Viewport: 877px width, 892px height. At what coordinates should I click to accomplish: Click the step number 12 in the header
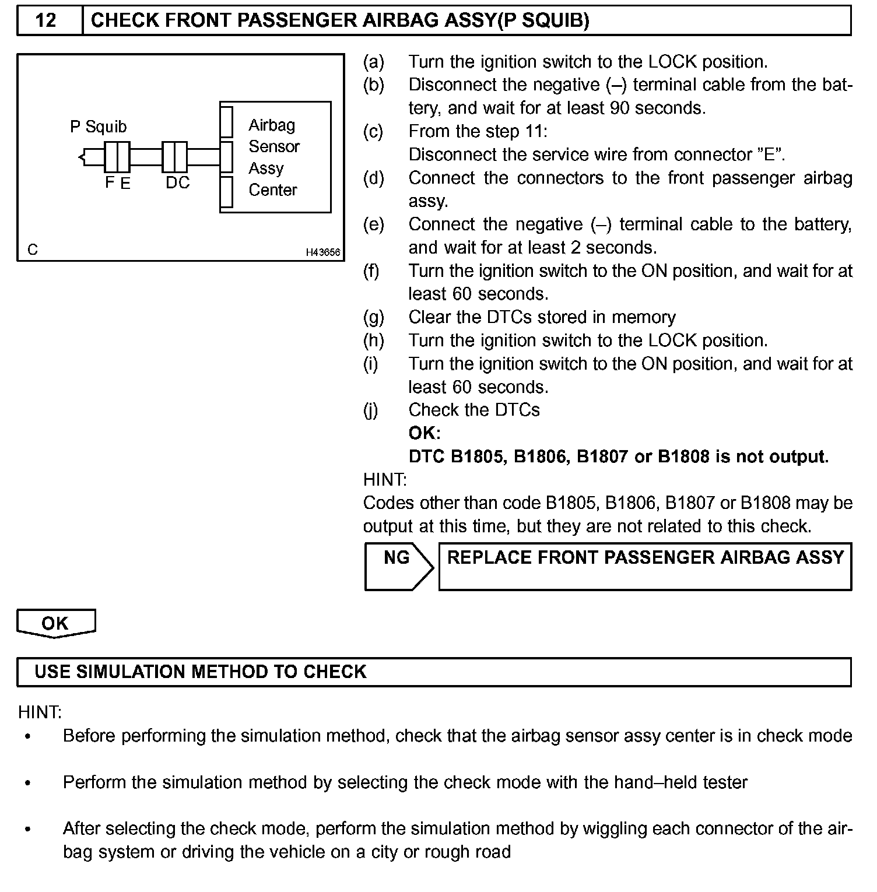46,21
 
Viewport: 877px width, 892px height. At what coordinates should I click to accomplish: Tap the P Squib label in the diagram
98,127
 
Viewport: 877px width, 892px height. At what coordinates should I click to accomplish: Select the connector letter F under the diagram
110,182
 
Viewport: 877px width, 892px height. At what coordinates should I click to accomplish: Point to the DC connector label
177,182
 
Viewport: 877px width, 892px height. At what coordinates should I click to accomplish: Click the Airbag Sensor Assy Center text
273,157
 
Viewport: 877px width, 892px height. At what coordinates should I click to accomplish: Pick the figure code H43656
323,252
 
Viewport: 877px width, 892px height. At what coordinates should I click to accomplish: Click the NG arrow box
398,566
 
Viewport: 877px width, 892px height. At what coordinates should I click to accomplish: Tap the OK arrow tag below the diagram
55,623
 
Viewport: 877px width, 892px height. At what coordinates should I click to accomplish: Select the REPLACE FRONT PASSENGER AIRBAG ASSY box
645,566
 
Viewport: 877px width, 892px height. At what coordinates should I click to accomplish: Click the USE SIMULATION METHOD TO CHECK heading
201,672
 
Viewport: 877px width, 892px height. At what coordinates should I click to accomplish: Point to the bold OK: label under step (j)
425,433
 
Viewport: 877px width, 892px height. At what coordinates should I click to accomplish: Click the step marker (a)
374,62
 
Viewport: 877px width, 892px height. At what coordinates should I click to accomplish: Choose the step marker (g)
374,317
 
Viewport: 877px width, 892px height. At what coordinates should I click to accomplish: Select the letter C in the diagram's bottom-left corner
33,250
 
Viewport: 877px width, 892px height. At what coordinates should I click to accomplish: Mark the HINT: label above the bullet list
40,712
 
